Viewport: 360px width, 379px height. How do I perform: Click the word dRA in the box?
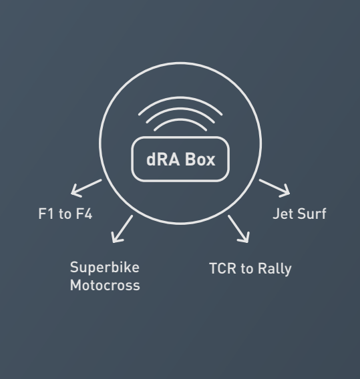tap(163, 159)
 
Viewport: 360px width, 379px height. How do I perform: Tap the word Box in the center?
tap(200, 159)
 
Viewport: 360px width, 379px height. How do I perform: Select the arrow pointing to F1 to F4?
tap(86, 188)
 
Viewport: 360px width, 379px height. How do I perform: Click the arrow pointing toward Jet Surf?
tap(275, 188)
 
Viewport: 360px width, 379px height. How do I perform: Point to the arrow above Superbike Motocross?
tap(122, 229)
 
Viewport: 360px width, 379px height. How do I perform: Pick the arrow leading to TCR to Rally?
tap(238, 229)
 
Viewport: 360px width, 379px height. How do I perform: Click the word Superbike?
tap(105, 268)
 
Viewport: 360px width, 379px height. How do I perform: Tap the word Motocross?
tap(105, 285)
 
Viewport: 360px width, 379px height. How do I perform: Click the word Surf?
tap(312, 214)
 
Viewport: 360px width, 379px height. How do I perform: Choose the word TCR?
tap(222, 268)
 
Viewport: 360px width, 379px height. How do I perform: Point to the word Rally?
tap(275, 269)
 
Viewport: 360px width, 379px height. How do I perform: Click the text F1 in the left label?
tap(45, 214)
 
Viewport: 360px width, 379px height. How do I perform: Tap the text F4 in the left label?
tap(84, 214)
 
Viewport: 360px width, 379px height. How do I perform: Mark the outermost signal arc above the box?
tap(180, 97)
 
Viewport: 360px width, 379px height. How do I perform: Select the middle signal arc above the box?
tap(180, 109)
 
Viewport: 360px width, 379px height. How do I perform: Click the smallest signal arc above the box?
tap(180, 119)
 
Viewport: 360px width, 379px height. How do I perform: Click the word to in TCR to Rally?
tap(247, 269)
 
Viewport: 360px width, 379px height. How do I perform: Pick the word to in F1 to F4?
tap(65, 214)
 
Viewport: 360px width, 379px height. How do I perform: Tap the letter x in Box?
tap(210, 161)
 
